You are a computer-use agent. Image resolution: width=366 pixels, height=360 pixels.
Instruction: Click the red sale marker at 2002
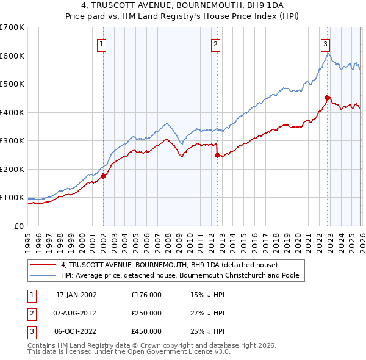click(x=103, y=176)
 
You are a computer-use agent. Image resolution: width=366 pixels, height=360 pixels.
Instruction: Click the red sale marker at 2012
click(x=217, y=155)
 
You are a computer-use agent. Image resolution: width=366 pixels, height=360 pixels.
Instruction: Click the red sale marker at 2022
click(x=327, y=98)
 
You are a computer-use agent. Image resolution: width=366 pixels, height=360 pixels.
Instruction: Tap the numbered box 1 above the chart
click(x=101, y=43)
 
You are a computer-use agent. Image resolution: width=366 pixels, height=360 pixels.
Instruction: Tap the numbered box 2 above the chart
click(x=215, y=43)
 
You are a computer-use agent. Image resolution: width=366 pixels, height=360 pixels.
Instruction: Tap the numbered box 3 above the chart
click(x=325, y=43)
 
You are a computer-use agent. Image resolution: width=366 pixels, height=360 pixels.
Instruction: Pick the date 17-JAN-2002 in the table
click(x=76, y=295)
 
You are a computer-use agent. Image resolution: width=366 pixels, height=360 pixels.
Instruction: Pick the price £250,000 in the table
click(x=146, y=313)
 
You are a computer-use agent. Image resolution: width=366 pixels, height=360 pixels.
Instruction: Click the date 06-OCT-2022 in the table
click(x=76, y=331)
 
